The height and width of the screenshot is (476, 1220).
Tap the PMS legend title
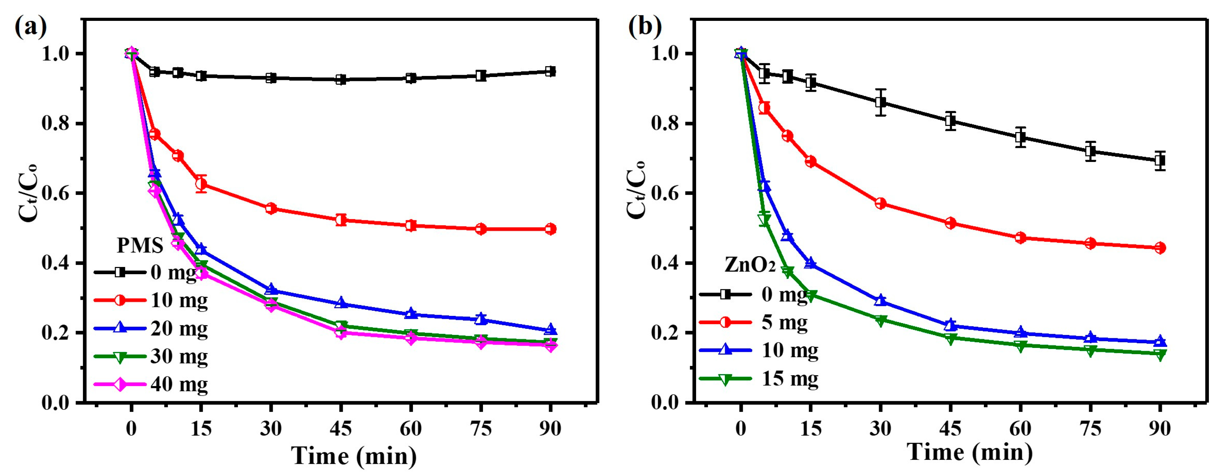tap(140, 245)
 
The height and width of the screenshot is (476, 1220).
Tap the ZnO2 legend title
tap(750, 265)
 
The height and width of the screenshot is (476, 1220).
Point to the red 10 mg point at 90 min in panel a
tap(550, 229)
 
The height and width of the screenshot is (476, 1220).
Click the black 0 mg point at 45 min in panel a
tap(341, 80)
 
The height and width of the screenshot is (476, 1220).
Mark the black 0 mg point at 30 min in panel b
tap(880, 103)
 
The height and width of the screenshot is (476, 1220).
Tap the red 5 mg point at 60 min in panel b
tap(1020, 237)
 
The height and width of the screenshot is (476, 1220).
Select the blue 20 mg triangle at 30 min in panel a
tap(271, 289)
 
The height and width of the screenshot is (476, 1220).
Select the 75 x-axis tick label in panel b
tap(1090, 429)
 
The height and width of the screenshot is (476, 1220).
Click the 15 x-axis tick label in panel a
tap(201, 429)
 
